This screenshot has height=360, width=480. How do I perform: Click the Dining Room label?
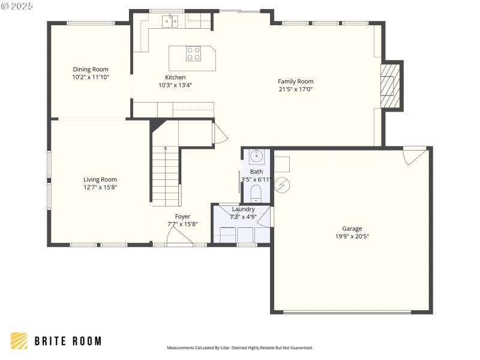91,69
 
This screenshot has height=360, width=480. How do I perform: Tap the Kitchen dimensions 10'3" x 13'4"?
175,85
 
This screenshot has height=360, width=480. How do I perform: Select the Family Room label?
295,81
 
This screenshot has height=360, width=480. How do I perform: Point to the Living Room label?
100,179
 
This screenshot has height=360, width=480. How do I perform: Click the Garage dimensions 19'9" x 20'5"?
352,236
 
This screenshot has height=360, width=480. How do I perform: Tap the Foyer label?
182,216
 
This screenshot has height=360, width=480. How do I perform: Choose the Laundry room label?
243,209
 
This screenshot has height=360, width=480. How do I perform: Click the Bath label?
256,172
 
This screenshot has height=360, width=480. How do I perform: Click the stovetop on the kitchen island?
193,53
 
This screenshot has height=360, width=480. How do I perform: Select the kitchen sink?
170,22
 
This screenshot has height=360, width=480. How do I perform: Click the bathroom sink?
256,157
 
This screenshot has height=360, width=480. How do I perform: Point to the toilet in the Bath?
256,192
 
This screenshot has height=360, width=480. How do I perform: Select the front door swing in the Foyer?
179,238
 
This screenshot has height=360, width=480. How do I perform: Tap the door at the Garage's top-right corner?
415,155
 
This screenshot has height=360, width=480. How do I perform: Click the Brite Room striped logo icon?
19,341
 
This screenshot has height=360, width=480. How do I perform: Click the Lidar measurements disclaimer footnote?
239,347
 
